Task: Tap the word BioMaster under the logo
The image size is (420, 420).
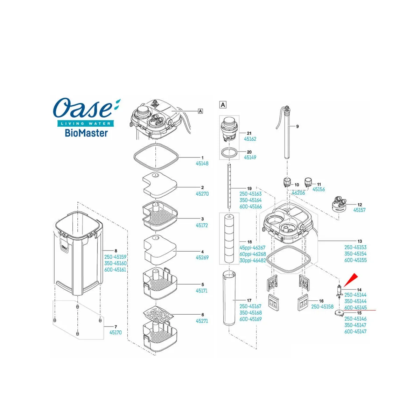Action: [x=86, y=133]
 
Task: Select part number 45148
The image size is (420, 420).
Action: [x=202, y=163]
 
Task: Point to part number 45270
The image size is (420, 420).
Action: [x=202, y=194]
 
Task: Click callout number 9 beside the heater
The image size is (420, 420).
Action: [x=297, y=126]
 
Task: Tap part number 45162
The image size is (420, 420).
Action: [x=250, y=139]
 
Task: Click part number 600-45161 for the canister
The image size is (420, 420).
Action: [x=115, y=270]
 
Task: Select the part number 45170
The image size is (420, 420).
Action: [x=115, y=332]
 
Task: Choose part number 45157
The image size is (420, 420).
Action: [x=359, y=210]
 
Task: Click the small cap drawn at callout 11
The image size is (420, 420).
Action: [x=308, y=182]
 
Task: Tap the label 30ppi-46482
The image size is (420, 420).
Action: [x=253, y=260]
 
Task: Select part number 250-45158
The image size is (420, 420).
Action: [x=322, y=307]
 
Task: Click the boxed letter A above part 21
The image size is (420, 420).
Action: [x=223, y=105]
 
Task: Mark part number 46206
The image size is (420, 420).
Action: [x=298, y=192]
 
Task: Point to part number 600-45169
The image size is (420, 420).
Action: [x=251, y=319]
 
